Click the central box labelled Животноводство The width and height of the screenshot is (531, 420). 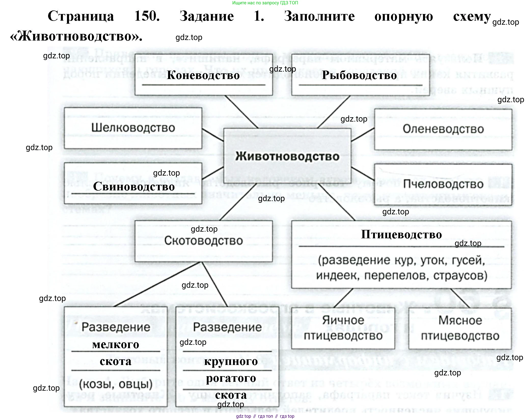(x=287, y=156)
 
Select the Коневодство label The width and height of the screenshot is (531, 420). (x=203, y=75)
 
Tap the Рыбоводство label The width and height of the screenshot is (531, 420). (x=359, y=75)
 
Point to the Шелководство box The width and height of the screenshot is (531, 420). (x=133, y=128)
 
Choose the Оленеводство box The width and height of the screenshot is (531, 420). (x=443, y=129)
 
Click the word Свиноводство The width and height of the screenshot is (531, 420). (x=134, y=187)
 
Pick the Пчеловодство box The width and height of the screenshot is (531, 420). (x=443, y=184)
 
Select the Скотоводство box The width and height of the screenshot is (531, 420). (x=203, y=241)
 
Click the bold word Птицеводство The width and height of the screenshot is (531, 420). (x=401, y=234)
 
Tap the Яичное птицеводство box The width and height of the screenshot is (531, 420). (x=343, y=328)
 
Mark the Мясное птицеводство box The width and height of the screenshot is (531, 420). (x=460, y=328)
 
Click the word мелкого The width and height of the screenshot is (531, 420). (x=116, y=345)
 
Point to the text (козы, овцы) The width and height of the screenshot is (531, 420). (x=116, y=384)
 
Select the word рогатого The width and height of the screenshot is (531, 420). (x=231, y=378)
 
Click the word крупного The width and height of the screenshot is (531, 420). (x=231, y=361)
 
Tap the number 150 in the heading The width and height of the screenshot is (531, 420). (x=147, y=16)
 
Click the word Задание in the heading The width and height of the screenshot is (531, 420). (x=207, y=16)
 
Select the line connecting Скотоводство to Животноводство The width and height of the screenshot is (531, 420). (x=238, y=202)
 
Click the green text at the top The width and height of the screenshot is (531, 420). (x=265, y=3)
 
